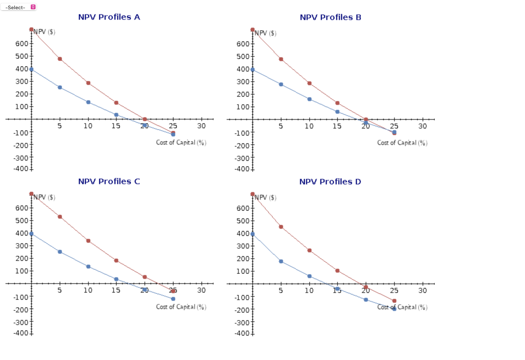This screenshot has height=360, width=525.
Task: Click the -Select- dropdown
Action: [x=19, y=7]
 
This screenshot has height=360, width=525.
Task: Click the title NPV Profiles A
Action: [x=109, y=17]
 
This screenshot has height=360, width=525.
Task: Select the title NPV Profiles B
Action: [x=330, y=17]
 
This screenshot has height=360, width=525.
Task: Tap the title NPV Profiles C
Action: [x=109, y=181]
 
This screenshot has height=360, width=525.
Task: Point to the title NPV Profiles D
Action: [x=330, y=181]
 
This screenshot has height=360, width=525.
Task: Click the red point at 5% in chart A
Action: [x=60, y=59]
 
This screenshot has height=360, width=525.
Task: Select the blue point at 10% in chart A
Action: [x=88, y=102]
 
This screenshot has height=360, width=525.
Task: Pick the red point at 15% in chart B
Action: [x=337, y=103]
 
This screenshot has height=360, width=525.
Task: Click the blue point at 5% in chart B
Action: [x=281, y=84]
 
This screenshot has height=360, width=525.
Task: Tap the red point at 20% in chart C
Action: [x=145, y=277]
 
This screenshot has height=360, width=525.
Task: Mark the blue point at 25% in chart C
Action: [x=173, y=298]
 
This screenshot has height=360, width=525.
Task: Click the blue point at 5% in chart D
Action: [x=281, y=261]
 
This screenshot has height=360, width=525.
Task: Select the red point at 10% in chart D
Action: [x=309, y=250]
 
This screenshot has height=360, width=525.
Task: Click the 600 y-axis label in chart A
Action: [x=21, y=44]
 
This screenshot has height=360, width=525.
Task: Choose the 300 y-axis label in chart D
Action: [x=243, y=246]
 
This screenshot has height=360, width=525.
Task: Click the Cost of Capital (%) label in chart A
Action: [x=181, y=143]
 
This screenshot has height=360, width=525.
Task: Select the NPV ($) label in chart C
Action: [x=45, y=197]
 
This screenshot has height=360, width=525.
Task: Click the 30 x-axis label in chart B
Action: [x=422, y=126]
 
